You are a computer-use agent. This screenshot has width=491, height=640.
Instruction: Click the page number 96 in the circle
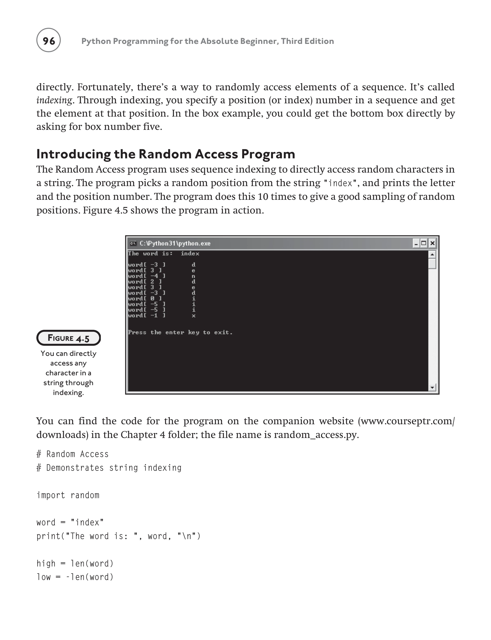(x=48, y=41)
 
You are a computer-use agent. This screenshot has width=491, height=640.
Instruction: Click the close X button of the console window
(x=432, y=243)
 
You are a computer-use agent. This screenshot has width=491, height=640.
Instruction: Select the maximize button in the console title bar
(x=424, y=243)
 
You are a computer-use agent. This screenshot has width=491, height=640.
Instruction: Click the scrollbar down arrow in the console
(x=432, y=387)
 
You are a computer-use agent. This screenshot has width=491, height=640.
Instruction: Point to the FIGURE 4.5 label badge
(x=68, y=338)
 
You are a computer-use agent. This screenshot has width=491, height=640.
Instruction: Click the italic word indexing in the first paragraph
(x=54, y=100)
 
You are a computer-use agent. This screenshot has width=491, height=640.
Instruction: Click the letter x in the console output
(x=193, y=316)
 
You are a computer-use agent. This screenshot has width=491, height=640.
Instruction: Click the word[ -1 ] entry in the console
(x=147, y=316)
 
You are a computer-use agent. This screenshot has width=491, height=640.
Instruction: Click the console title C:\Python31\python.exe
(x=175, y=243)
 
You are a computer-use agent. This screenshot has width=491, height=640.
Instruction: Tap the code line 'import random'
(x=68, y=495)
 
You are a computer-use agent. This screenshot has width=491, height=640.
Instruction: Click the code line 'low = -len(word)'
(x=75, y=577)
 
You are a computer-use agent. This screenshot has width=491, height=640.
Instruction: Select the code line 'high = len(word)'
(x=75, y=563)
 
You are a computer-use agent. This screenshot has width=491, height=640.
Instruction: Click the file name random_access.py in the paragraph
(x=316, y=435)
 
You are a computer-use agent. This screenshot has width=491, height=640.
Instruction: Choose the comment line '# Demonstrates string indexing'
(x=109, y=468)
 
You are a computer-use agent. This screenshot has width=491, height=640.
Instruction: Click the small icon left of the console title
(x=133, y=243)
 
